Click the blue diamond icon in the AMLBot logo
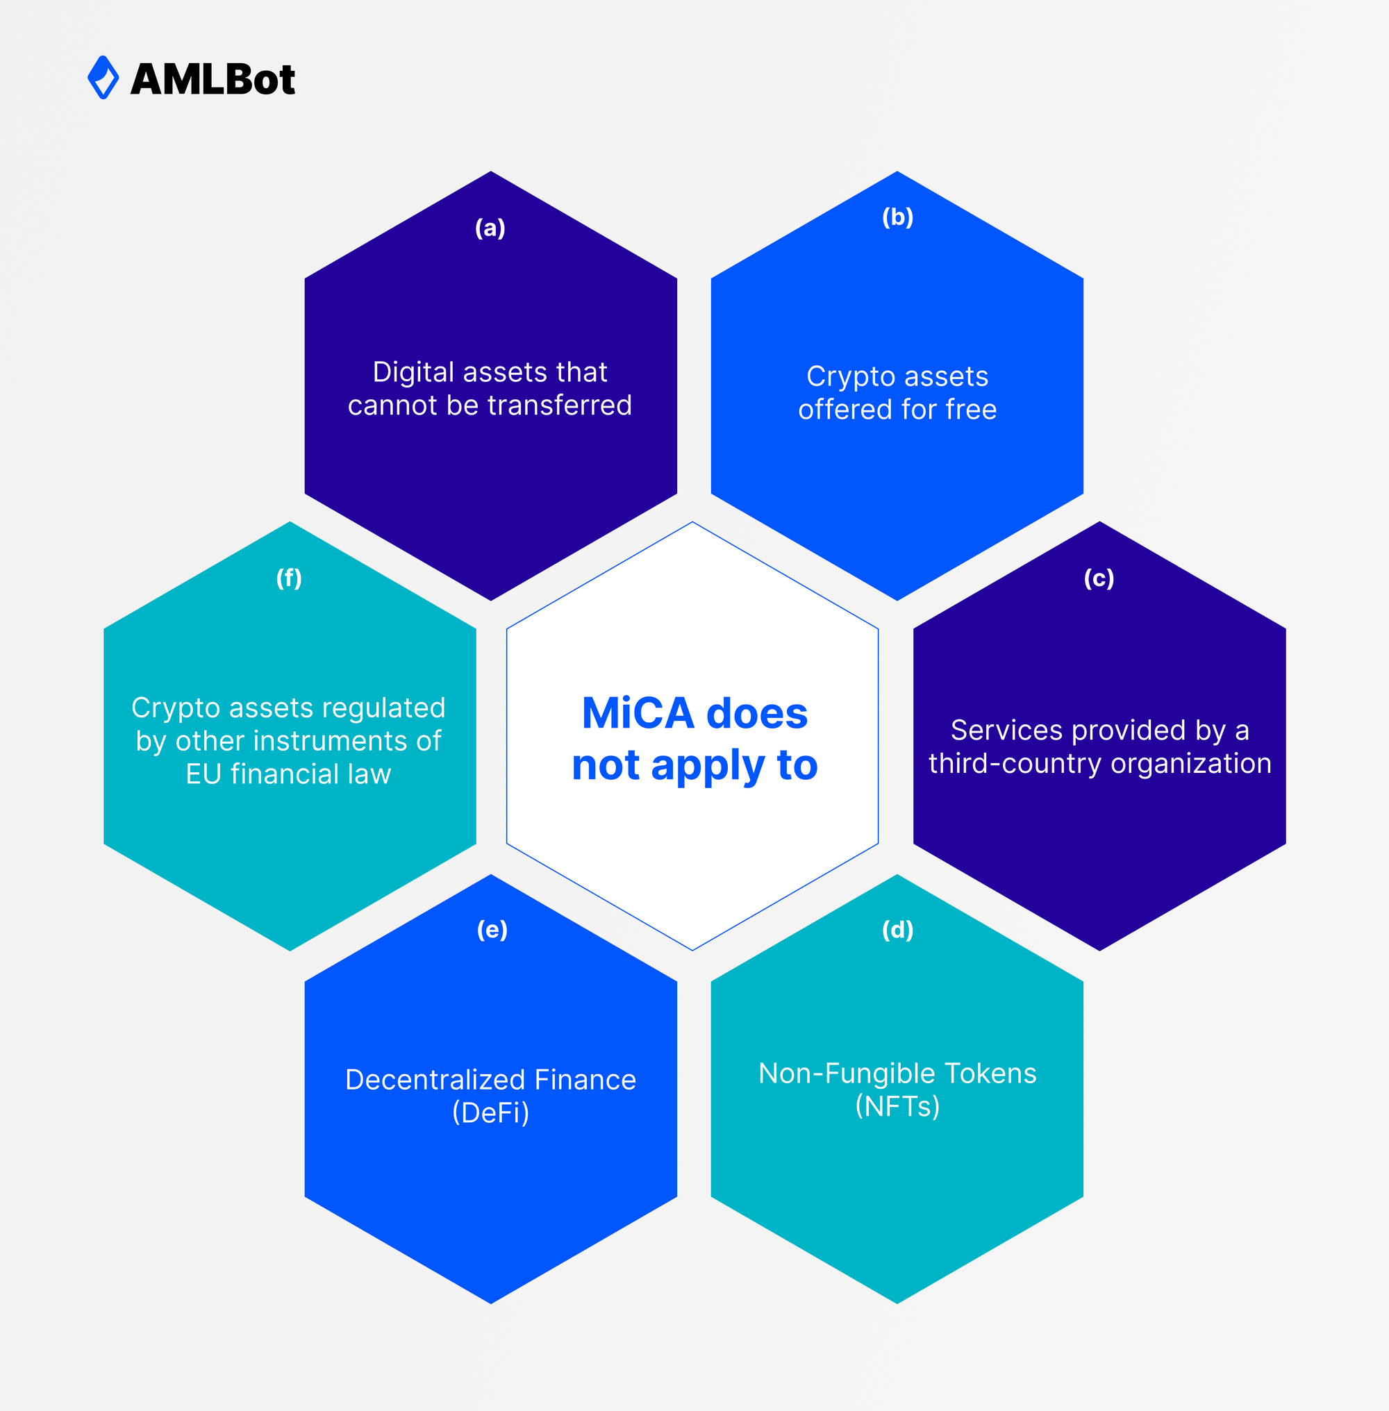(x=103, y=77)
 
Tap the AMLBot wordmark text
(x=213, y=78)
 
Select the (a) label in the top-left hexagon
(x=490, y=228)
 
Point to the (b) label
(x=897, y=217)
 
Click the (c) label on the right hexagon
(x=1099, y=578)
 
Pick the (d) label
(x=897, y=930)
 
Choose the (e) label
(x=492, y=930)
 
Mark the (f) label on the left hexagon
(x=289, y=578)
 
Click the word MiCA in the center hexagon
(x=638, y=713)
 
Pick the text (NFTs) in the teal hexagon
(x=897, y=1106)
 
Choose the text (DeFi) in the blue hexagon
(x=491, y=1112)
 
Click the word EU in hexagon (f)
(x=203, y=774)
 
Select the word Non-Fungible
(x=847, y=1074)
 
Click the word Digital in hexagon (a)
(x=414, y=373)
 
